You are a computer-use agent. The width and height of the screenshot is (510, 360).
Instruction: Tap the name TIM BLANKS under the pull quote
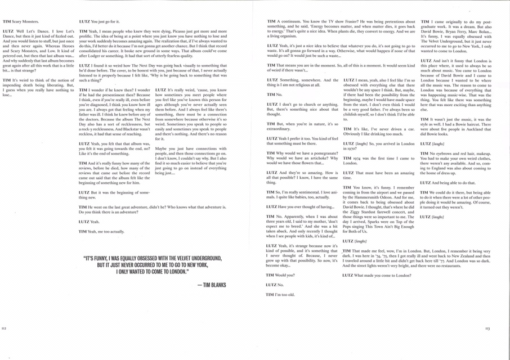point(212,285)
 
